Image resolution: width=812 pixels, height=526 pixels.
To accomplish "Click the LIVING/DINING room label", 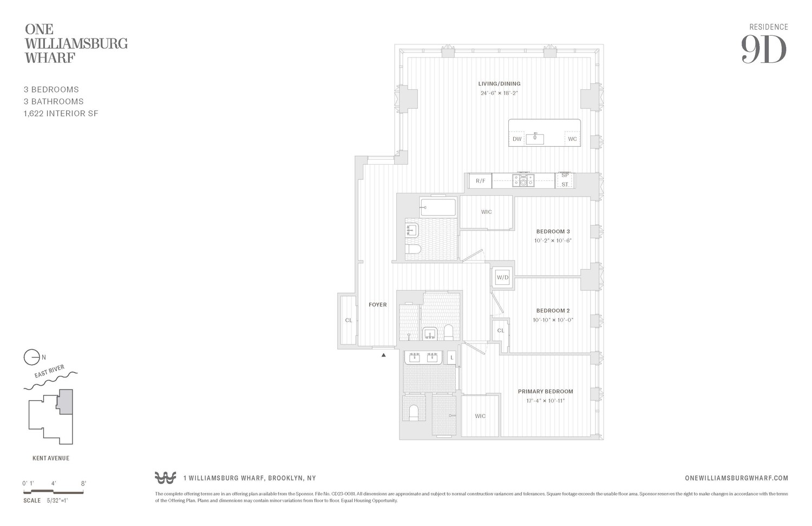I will coord(499,84).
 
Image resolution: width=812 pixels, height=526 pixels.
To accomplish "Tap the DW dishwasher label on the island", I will coord(517,139).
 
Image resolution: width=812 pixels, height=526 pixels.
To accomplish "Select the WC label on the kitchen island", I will coord(572,139).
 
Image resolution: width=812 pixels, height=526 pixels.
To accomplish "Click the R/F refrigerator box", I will coord(480,181).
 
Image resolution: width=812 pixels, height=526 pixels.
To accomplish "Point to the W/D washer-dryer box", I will coord(503,278).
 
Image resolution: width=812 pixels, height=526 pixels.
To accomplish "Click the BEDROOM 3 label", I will coord(553,231).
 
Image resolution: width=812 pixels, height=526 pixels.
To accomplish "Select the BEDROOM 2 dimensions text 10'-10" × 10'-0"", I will coord(553,320).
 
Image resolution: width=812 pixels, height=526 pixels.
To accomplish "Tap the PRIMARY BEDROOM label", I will coord(545,392).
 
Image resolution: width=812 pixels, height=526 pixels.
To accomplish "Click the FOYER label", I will coord(377,305).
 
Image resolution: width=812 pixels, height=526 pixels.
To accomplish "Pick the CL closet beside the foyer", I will coord(348,320).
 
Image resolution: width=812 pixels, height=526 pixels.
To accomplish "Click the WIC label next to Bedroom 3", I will coord(486,212).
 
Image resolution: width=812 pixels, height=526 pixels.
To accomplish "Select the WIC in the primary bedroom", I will coord(480,416).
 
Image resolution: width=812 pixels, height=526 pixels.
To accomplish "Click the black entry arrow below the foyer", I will coord(384,355).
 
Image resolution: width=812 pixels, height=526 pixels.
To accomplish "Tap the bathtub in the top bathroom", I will coord(438,207).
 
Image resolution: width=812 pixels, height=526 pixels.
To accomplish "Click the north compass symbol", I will coord(32,358).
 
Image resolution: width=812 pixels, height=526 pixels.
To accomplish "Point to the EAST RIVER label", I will coord(49,372).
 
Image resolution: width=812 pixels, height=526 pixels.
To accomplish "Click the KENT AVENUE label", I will coord(51,458).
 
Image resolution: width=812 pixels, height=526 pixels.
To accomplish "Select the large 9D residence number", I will coord(763,50).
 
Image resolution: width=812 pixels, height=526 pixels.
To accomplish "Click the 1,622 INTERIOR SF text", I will coord(61,114).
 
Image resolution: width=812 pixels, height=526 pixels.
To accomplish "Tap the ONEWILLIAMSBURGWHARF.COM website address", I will coord(736,478).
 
